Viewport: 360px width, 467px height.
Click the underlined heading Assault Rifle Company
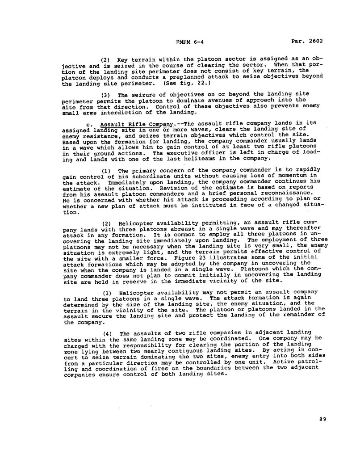(x=136, y=124)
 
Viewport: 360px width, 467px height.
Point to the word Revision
(x=160, y=189)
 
